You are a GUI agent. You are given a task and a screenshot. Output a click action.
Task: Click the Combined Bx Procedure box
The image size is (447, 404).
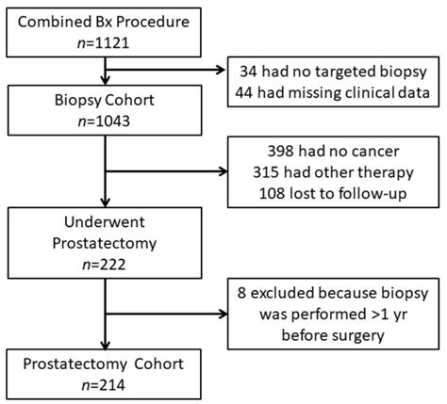point(112,32)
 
